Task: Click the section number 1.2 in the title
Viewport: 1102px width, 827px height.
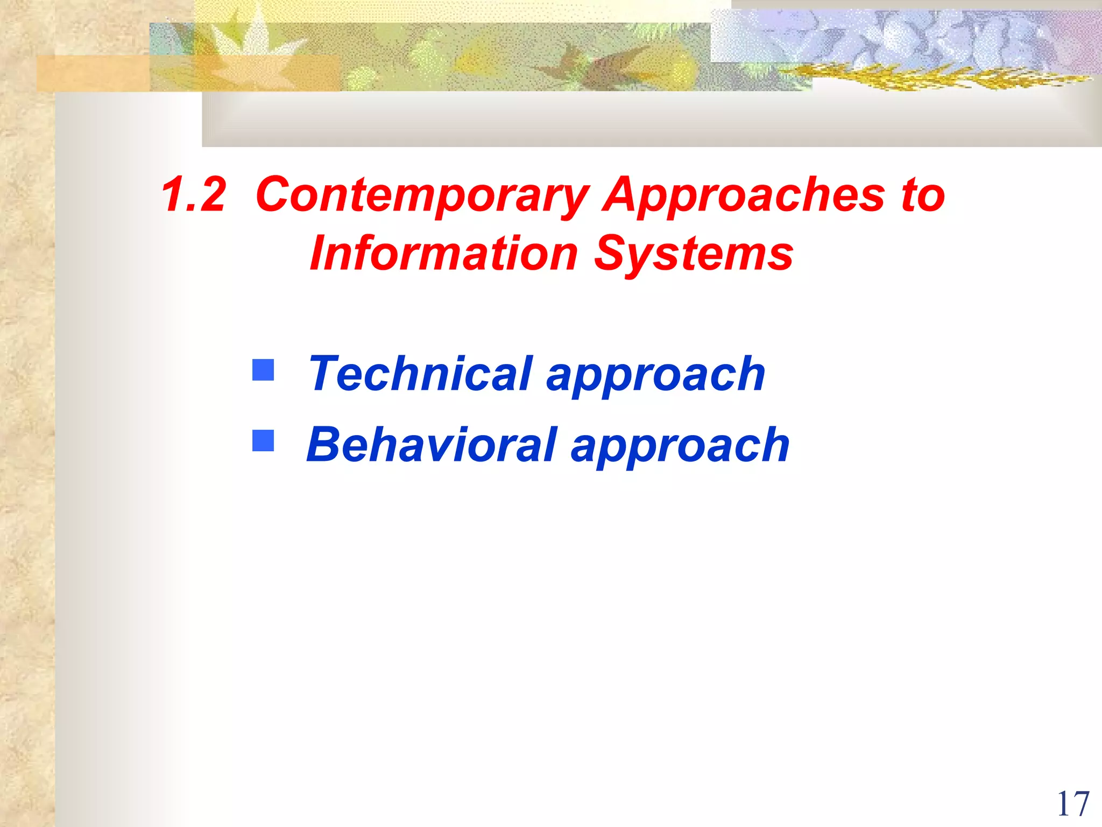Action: (194, 195)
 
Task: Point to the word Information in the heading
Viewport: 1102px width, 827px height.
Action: (443, 254)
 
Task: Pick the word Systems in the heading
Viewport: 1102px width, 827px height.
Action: (694, 255)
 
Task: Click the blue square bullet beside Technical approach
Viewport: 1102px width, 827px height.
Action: (263, 370)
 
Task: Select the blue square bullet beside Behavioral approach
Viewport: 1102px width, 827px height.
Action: (263, 440)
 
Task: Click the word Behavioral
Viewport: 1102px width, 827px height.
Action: (431, 445)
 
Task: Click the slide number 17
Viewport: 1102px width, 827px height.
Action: (1072, 804)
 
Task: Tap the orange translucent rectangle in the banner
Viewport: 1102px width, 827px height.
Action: (91, 73)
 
